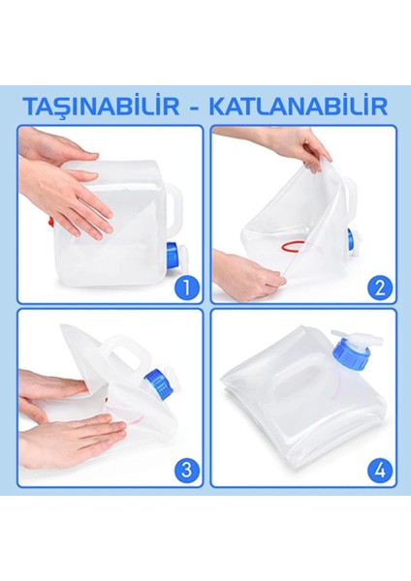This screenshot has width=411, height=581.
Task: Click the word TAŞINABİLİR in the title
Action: coord(101,104)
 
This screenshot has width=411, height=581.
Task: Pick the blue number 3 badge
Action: coord(185,471)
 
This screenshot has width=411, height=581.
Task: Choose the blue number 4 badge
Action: coord(380,471)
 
